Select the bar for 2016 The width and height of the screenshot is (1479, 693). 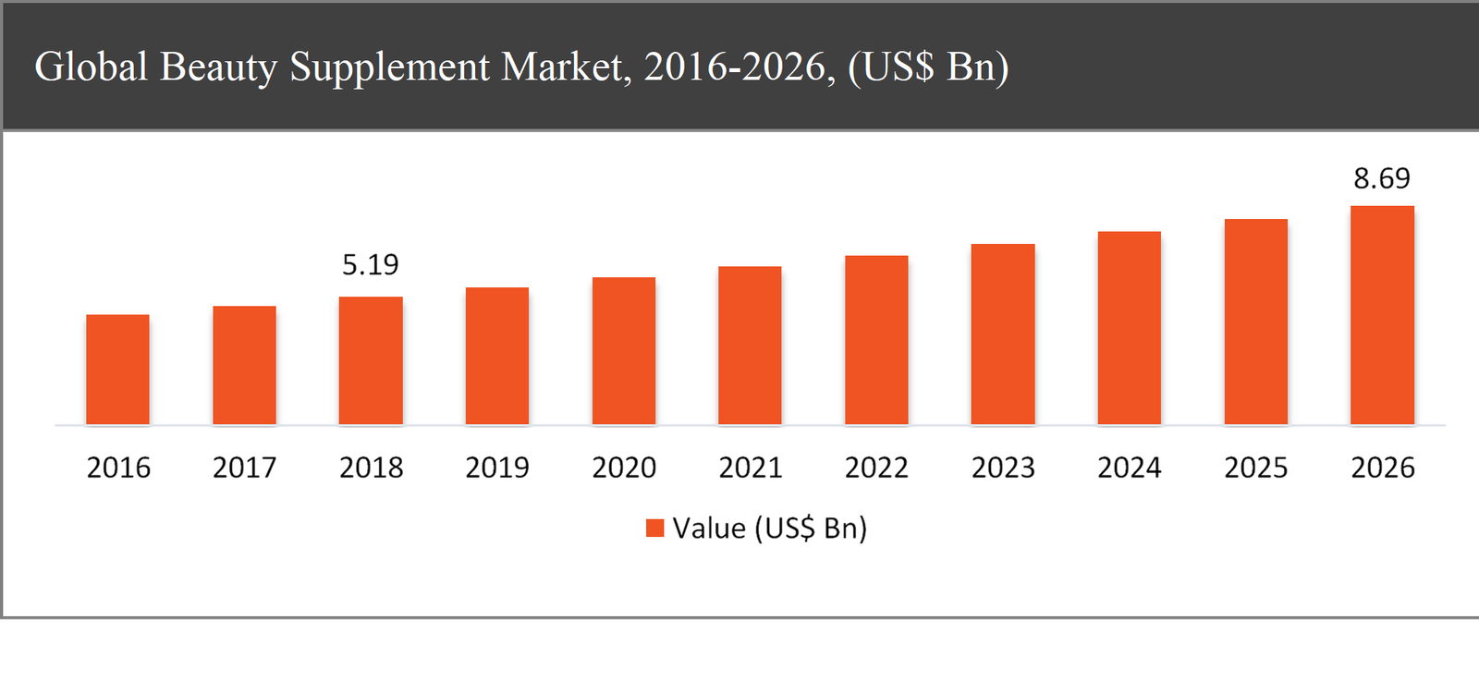point(117,370)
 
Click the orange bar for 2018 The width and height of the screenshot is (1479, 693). point(371,360)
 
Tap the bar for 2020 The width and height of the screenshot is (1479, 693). point(624,351)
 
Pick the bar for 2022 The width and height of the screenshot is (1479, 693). point(876,340)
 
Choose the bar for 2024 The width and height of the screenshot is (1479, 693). point(1129,328)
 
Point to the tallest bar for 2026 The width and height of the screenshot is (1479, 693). point(1382,315)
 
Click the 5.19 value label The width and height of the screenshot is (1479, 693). point(370,265)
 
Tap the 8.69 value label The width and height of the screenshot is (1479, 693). point(1382,178)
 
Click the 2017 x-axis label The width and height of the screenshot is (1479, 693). point(244,468)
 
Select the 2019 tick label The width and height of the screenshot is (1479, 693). point(497,468)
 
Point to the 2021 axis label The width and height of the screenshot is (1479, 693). point(751,468)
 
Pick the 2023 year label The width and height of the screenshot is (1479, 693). point(1003,468)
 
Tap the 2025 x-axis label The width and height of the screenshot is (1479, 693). point(1255,468)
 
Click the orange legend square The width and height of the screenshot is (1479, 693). point(654,528)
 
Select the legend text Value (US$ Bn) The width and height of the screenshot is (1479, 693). point(769,529)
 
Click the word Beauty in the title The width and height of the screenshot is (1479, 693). point(218,67)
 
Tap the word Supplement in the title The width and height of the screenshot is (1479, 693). point(390,67)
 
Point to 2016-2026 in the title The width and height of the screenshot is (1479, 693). point(739,67)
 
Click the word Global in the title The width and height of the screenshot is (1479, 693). point(91,67)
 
